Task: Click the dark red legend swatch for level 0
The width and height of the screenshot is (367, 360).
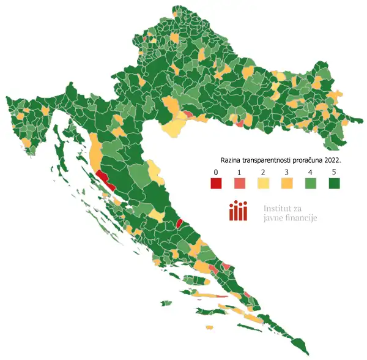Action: tap(215, 183)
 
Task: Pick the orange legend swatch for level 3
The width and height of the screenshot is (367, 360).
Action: tap(286, 183)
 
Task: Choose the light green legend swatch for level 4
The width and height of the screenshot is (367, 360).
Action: tap(310, 183)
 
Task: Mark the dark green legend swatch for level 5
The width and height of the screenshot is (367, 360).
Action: tap(334, 183)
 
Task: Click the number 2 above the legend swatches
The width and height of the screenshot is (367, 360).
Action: tap(262, 171)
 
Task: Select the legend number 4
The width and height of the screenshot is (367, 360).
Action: tap(310, 171)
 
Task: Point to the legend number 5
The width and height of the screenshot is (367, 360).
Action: tap(334, 171)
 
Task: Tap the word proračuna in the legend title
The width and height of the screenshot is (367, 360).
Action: tap(311, 159)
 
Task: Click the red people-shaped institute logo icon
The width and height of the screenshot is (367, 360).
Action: tap(238, 212)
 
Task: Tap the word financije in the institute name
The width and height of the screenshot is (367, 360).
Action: tap(304, 217)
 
